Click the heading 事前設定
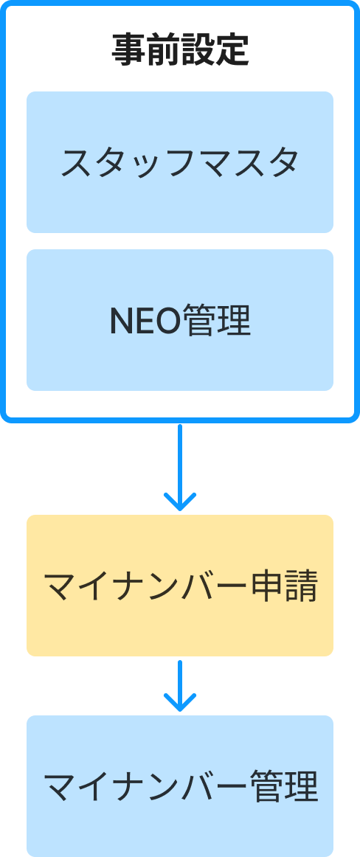[180, 51]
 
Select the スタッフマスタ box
[180, 162]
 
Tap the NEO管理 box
[180, 320]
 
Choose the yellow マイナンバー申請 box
[180, 586]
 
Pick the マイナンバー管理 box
[180, 786]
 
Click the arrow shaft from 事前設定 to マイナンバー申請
[180, 465]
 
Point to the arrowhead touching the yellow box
[180, 502]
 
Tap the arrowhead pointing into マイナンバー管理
[180, 703]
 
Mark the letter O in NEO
[167, 321]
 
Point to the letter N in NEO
[120, 321]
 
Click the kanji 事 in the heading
[128, 51]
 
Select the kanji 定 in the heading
[232, 51]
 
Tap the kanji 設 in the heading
[198, 51]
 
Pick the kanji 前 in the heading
[163, 51]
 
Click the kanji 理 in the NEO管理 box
[234, 320]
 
